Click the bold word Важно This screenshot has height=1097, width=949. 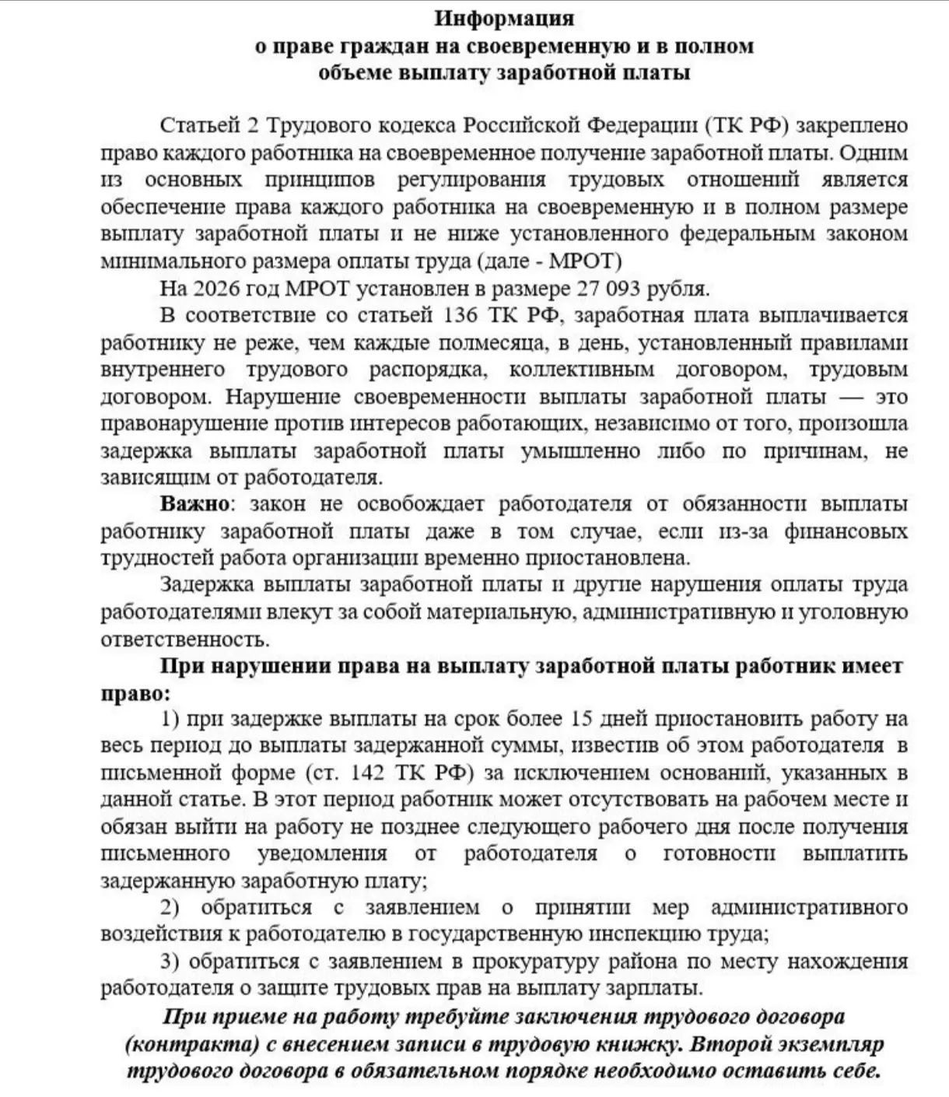click(194, 503)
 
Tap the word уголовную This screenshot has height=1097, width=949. click(860, 612)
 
